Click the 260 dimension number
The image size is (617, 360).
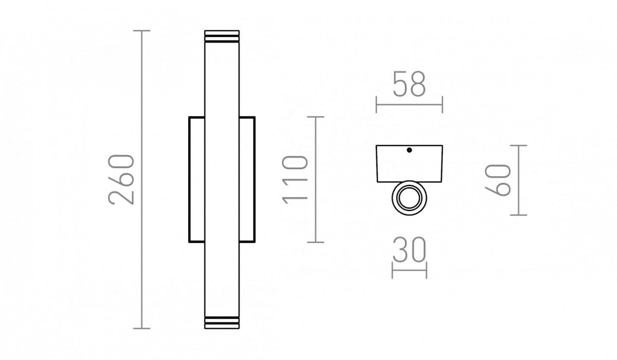(x=121, y=179)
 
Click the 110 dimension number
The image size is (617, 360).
(x=295, y=179)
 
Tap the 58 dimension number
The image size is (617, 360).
(x=409, y=84)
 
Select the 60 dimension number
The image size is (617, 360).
(x=498, y=180)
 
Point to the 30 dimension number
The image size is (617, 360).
(x=409, y=249)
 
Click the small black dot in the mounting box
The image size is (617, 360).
(x=409, y=150)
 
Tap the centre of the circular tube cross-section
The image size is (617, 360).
(x=409, y=198)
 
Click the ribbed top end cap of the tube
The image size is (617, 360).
(x=222, y=37)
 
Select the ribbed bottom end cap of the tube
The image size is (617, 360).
(x=222, y=322)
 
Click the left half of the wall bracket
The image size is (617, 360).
(x=190, y=179)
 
